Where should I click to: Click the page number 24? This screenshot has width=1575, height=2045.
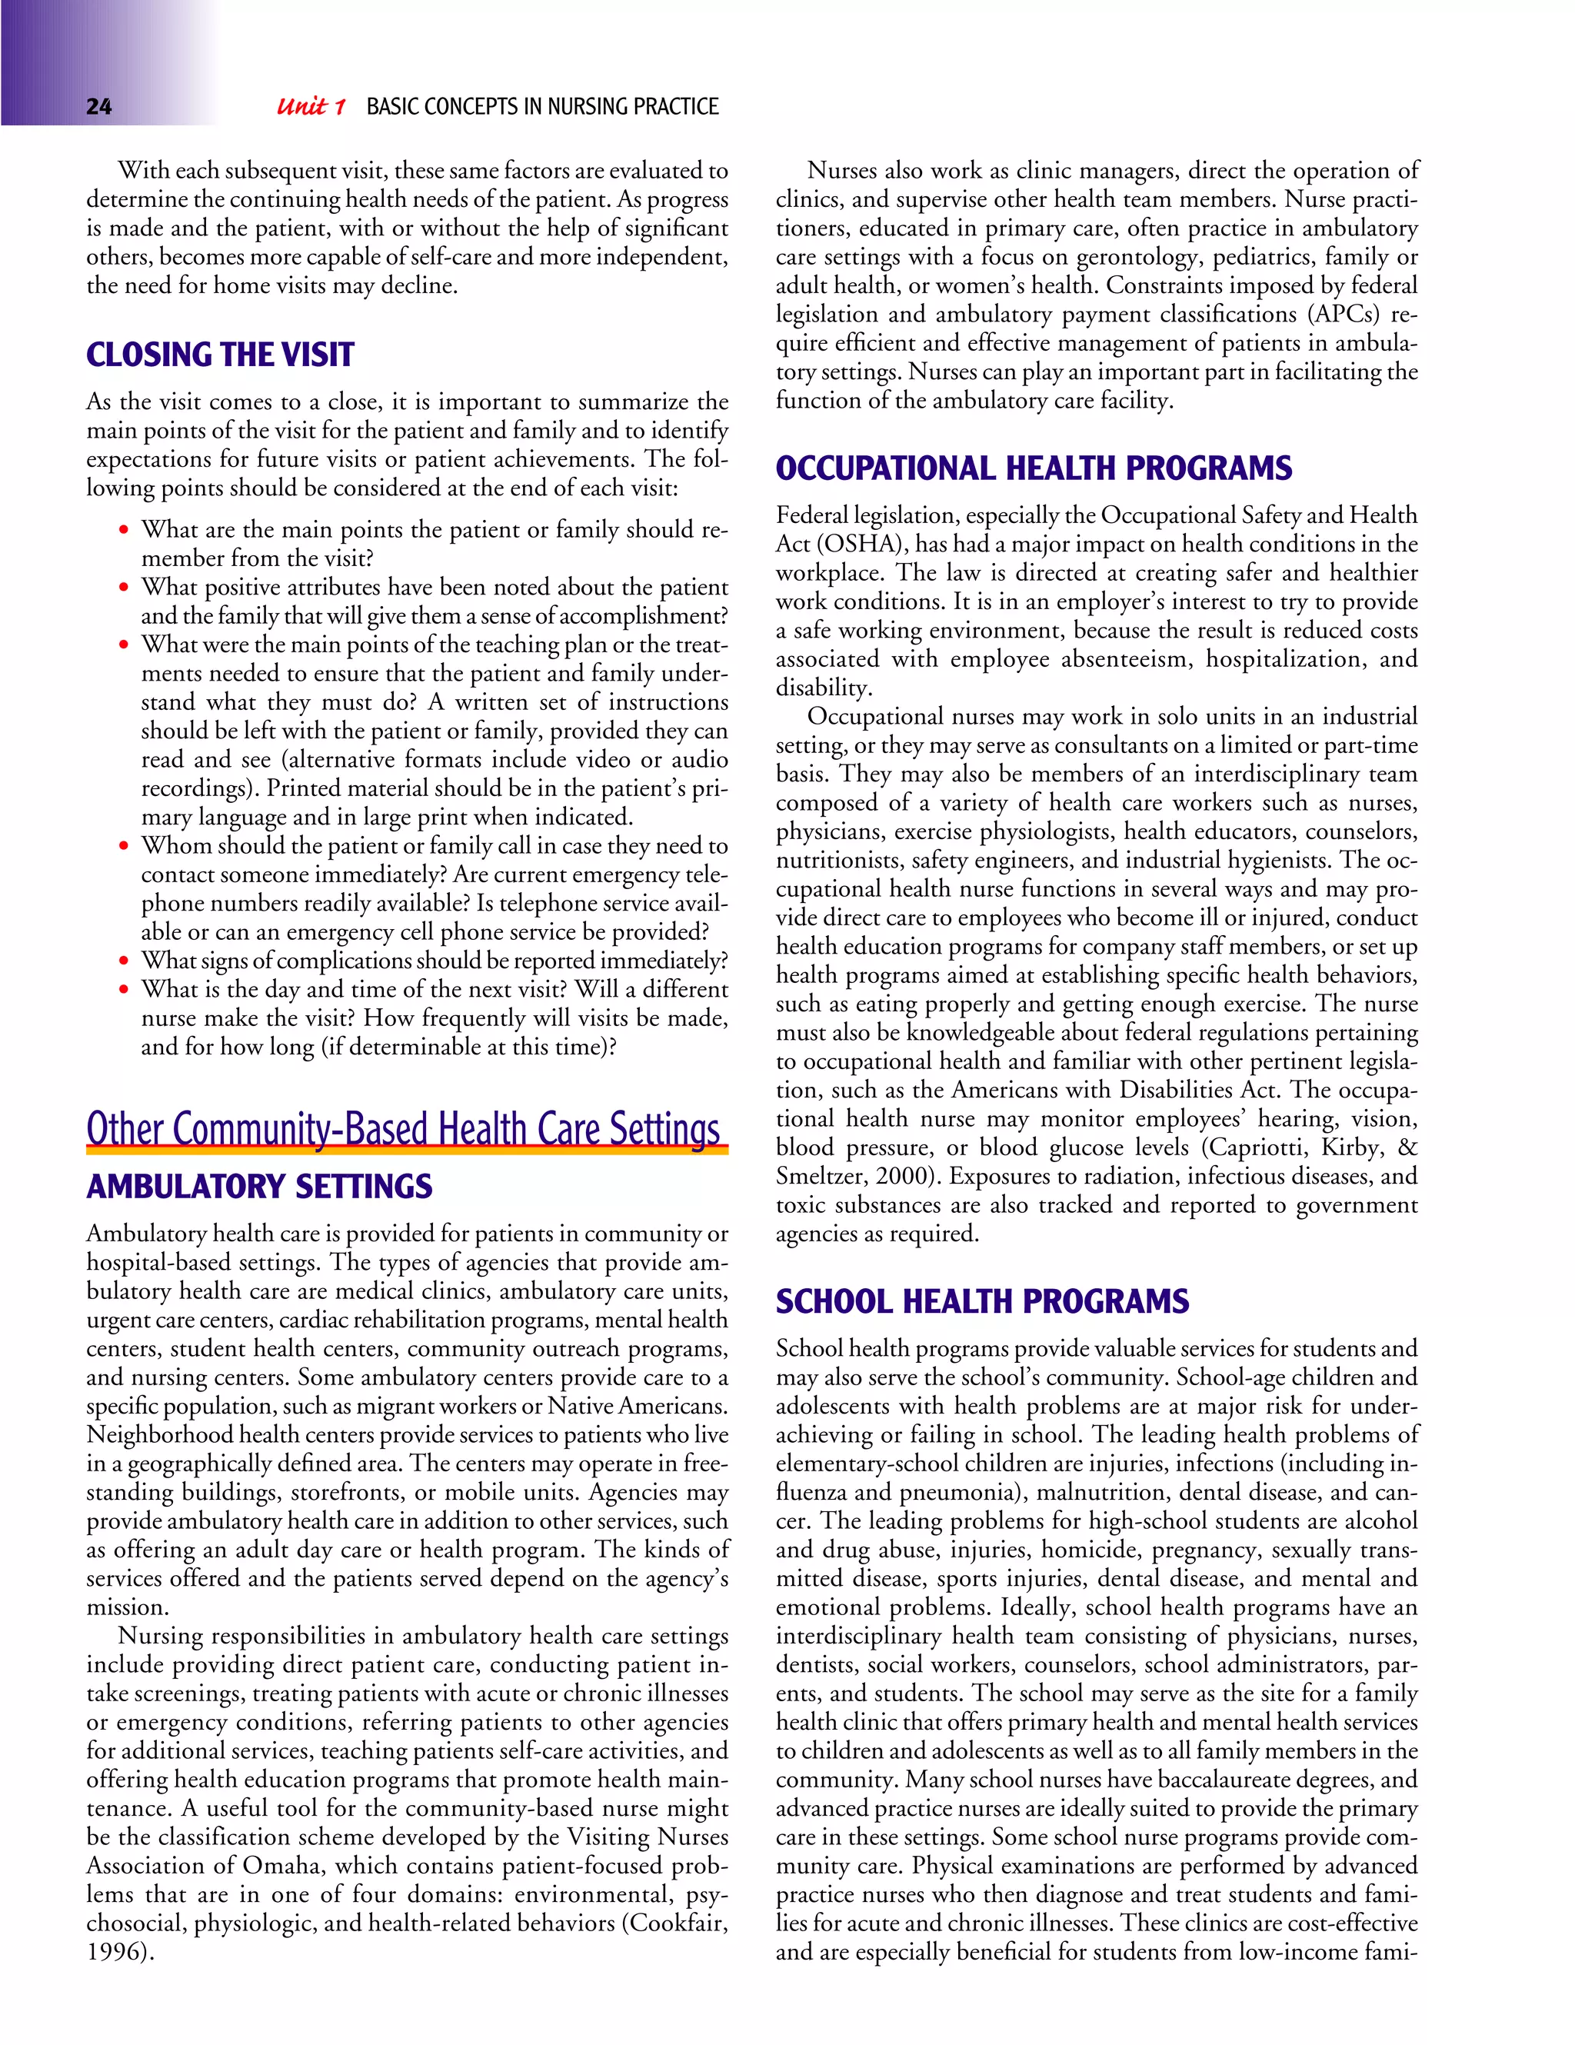click(98, 107)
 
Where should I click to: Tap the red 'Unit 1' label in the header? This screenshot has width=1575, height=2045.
click(311, 107)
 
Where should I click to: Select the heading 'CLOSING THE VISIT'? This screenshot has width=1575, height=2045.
click(220, 355)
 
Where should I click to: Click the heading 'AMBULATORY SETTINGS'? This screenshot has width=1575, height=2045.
click(259, 1187)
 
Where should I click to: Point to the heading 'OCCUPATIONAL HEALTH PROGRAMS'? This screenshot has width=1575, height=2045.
click(1034, 468)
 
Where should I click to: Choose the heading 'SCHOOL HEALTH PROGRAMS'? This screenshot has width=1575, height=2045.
click(982, 1301)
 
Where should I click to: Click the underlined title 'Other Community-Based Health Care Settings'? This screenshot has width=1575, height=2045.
click(404, 1128)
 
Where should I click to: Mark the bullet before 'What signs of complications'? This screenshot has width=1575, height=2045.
click(123, 961)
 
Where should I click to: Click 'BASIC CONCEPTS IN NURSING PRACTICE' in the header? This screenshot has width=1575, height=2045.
click(542, 107)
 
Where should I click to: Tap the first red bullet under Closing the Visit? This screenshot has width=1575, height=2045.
click(123, 530)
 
